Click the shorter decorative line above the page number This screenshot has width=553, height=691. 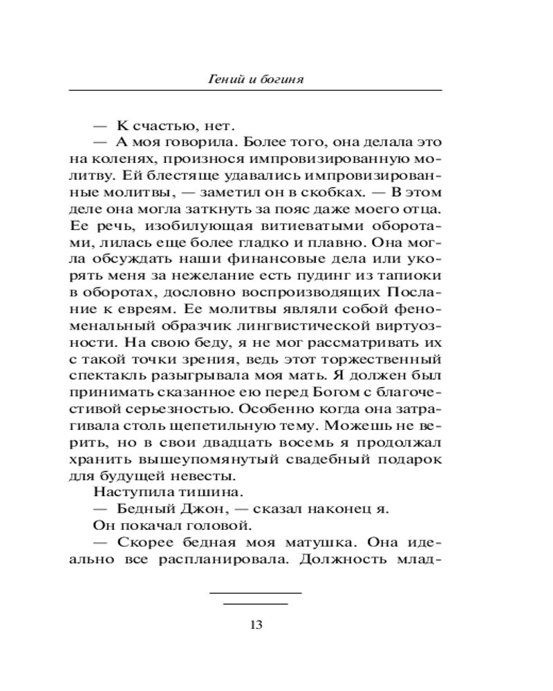pos(255,604)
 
